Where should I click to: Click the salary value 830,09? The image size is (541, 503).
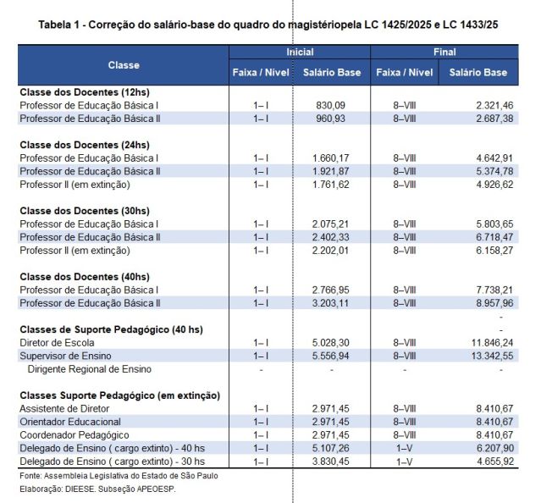331,105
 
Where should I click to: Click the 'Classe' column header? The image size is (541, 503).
124,65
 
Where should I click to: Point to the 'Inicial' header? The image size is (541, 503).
299,53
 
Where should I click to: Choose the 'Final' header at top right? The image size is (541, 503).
444,53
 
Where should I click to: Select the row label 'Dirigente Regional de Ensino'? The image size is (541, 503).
90,369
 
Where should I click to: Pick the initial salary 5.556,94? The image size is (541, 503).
331,356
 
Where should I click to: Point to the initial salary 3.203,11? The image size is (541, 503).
331,303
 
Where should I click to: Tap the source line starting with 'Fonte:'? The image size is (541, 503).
106,476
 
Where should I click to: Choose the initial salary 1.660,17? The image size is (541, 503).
331,158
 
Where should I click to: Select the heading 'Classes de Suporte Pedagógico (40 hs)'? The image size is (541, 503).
113,329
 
